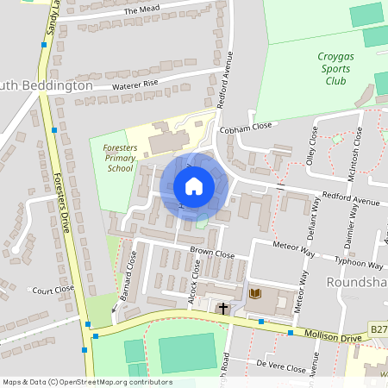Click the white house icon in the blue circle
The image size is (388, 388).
point(193,186)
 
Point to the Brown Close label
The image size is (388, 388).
point(212,253)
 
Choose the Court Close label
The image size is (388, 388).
point(53,291)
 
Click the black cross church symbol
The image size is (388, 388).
point(223,307)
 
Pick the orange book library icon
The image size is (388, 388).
point(254,294)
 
